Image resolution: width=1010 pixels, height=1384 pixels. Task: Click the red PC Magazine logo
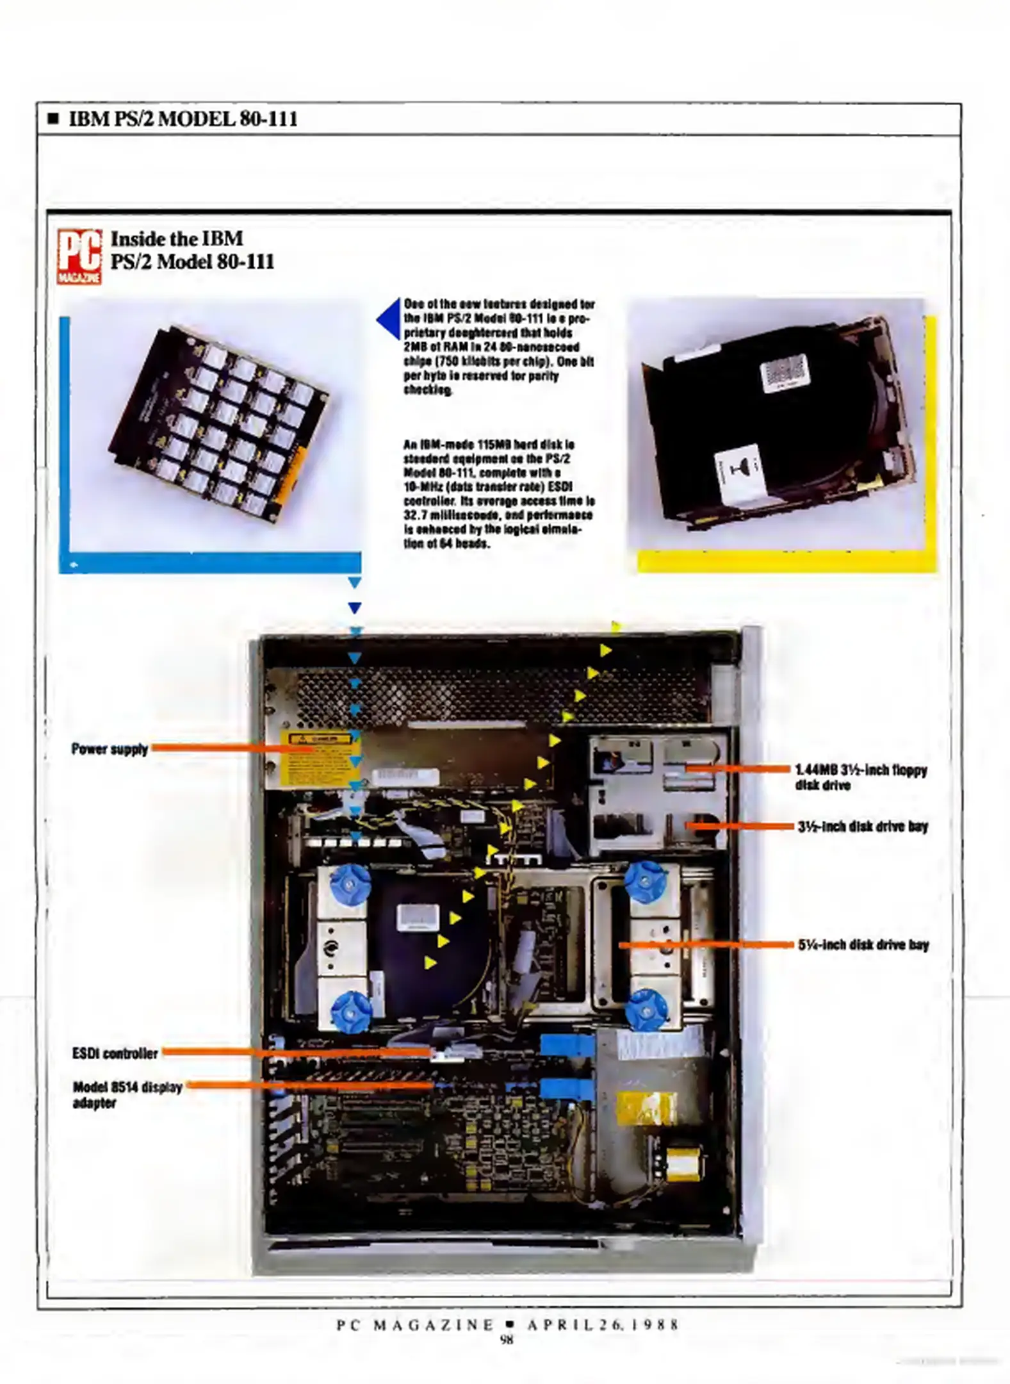point(79,256)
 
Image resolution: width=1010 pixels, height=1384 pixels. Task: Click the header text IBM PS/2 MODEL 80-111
point(183,119)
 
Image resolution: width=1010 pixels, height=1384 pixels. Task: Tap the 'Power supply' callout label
point(110,749)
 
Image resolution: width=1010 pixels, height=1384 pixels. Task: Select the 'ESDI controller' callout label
point(115,1053)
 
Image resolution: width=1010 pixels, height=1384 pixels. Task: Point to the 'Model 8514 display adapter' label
point(127,1094)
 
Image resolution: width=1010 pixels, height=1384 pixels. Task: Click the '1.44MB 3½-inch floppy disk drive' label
point(861,777)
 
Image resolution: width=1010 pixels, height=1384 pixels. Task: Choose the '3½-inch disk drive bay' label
point(863,827)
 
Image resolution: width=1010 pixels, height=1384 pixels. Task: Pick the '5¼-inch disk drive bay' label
point(863,944)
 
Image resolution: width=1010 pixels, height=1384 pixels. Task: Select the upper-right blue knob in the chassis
point(646,882)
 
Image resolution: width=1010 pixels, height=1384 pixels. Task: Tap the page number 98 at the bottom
point(506,1339)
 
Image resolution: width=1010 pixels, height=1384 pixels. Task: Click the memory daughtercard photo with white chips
point(218,426)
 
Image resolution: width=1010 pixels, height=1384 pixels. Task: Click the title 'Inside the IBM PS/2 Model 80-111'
point(192,250)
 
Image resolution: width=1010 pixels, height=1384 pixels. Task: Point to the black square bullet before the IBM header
point(54,119)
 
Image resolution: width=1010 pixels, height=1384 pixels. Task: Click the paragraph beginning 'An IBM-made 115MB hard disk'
point(498,493)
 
